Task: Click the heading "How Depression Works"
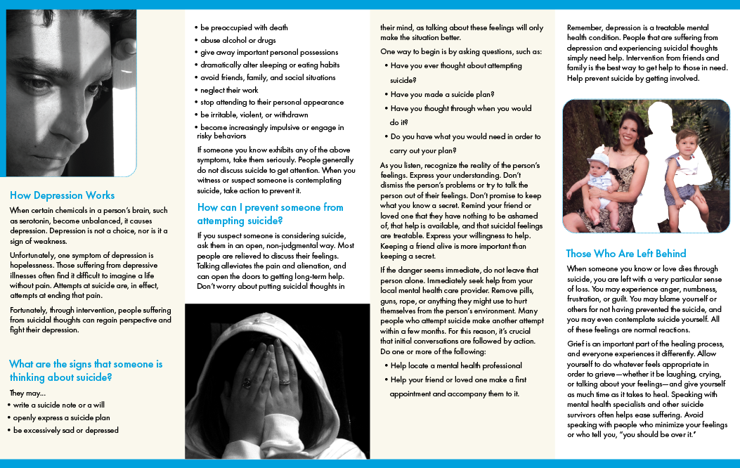[x=62, y=195]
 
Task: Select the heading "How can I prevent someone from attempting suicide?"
[x=270, y=214]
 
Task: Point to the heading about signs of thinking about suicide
[x=85, y=370]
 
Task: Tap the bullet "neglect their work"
[x=229, y=90]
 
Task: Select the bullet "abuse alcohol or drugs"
[x=238, y=40]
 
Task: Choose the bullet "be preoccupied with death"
[x=244, y=27]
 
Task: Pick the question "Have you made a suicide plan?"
[x=442, y=94]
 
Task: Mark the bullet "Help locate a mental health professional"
[x=456, y=365]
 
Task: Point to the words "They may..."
[x=28, y=393]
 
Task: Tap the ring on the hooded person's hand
[x=247, y=384]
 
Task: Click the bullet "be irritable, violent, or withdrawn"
[x=254, y=115]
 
